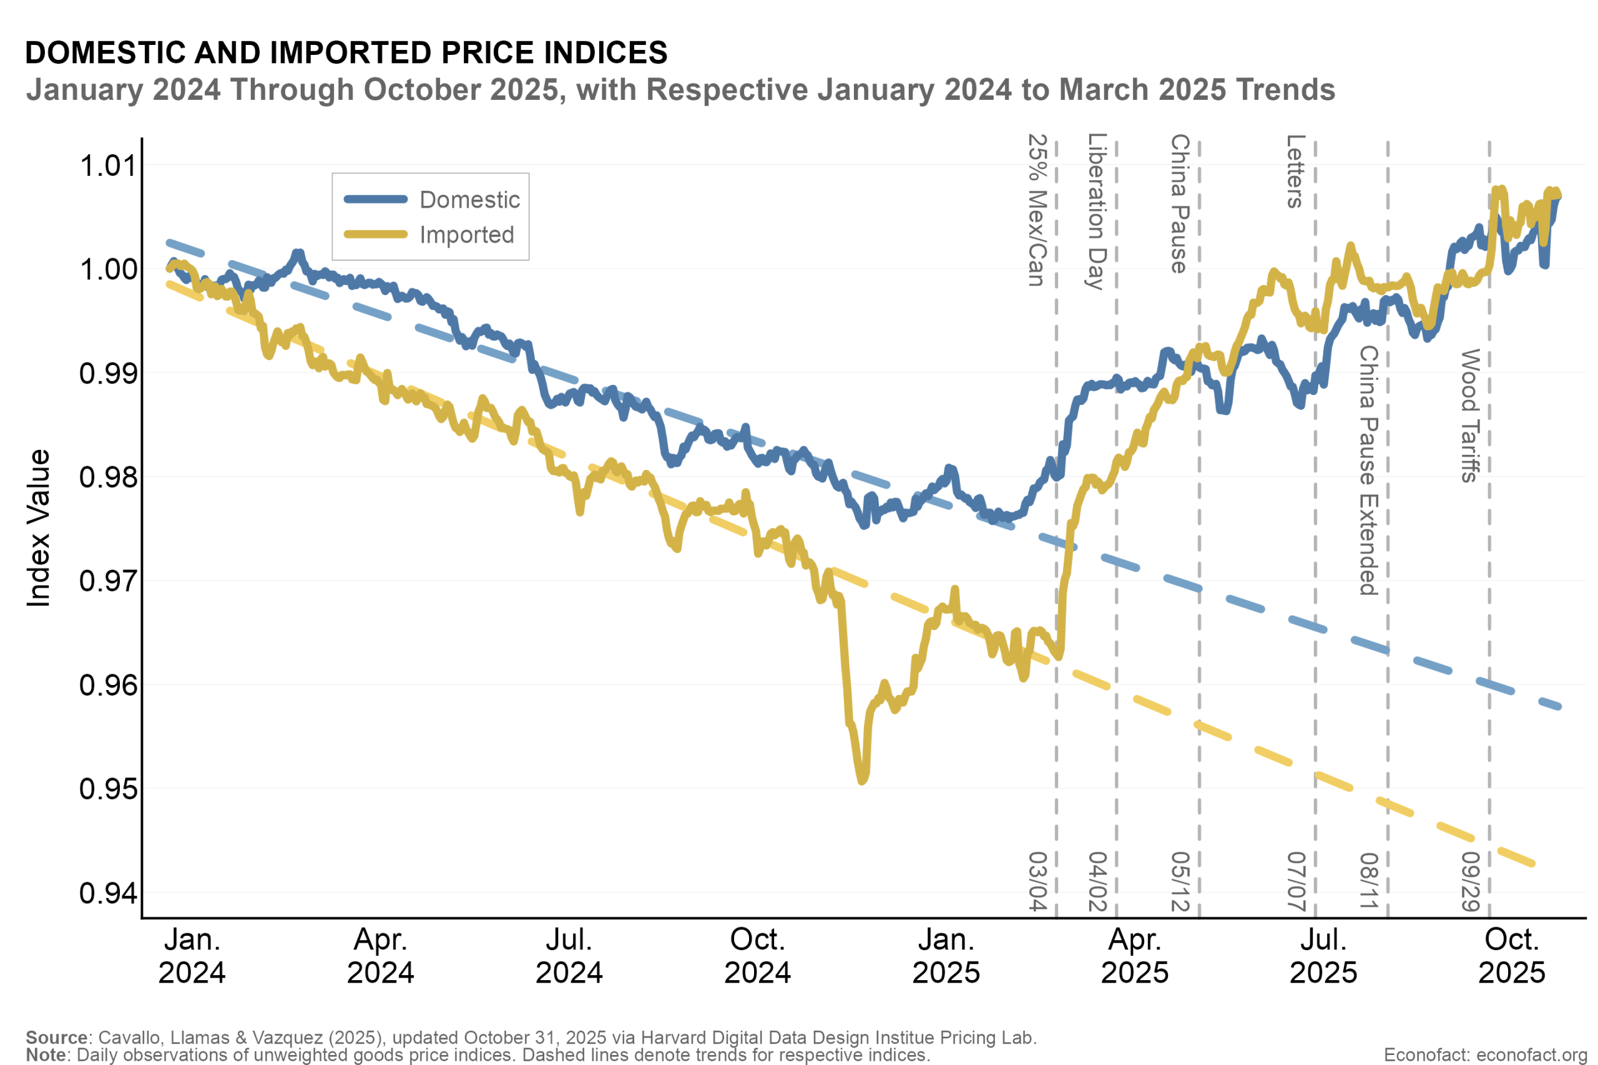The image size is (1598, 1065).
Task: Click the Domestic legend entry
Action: coord(469,200)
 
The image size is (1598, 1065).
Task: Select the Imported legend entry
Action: coord(466,235)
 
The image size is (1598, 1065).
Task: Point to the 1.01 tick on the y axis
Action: coord(109,166)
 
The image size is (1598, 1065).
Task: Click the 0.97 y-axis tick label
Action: coord(109,581)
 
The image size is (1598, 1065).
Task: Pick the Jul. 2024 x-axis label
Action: coord(569,956)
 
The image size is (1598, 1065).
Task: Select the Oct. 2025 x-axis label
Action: coord(1512,956)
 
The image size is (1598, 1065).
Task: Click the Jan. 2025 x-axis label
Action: coord(946,956)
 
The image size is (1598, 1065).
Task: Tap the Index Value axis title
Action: coord(39,528)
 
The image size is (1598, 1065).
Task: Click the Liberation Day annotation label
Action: coord(1097,212)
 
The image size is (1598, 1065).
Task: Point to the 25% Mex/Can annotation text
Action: coord(1037,210)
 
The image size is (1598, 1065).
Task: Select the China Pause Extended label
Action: coord(1368,470)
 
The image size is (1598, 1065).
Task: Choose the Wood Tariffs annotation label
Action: coord(1470,416)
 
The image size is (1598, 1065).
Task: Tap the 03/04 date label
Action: coord(1037,882)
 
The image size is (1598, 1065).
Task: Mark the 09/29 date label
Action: coord(1470,882)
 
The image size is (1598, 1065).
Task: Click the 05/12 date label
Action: coord(1180,882)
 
